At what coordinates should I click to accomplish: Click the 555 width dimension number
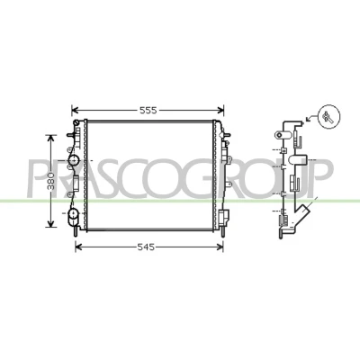tap(148, 111)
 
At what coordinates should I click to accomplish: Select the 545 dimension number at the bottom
tap(146, 247)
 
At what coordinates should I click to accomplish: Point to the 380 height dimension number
tap(51, 181)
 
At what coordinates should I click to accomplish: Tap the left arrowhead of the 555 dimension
tap(75, 111)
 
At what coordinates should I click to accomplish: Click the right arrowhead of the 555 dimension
tap(220, 111)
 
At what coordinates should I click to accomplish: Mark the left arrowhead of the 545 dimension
tap(78, 247)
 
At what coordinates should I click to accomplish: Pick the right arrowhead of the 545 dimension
tap(220, 247)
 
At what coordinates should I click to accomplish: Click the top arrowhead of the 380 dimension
tap(50, 139)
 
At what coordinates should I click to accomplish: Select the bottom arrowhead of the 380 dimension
tap(50, 223)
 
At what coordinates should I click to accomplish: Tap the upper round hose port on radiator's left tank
tap(73, 160)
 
